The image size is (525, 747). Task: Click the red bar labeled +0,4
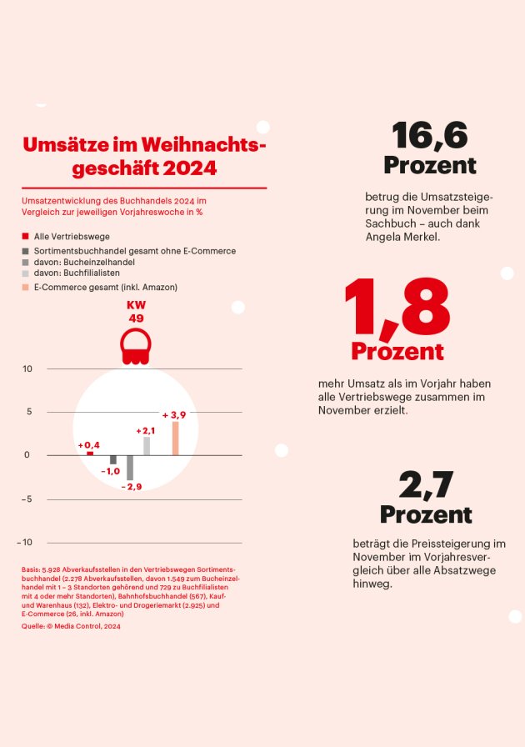[90, 454]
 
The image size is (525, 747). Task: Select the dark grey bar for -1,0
[113, 460]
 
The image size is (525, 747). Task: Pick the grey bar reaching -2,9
[130, 468]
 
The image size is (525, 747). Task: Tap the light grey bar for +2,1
[147, 446]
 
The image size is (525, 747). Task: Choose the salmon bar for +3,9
[175, 439]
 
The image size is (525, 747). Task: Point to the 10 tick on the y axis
[27, 368]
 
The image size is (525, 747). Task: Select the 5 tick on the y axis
[28, 412]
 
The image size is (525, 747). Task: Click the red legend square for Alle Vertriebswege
[26, 237]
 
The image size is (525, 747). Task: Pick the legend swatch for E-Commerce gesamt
[26, 287]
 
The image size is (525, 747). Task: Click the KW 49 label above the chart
[135, 312]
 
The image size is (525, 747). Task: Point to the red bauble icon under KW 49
[135, 346]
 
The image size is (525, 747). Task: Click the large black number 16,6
[429, 134]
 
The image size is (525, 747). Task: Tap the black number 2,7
[425, 484]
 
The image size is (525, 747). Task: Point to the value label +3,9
[174, 414]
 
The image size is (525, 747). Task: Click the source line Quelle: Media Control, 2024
[71, 626]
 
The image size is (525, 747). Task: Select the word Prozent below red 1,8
[397, 351]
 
